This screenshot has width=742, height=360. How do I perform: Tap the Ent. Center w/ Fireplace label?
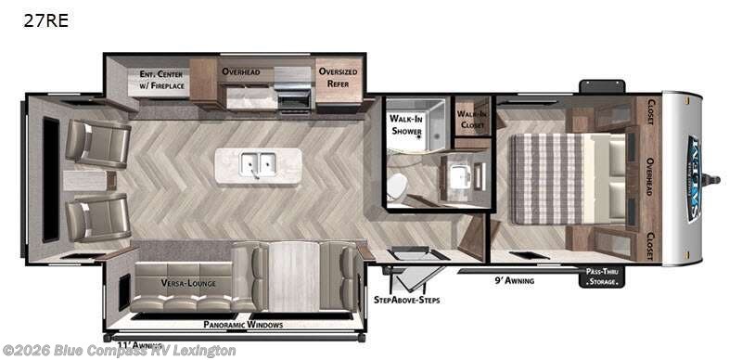(162, 80)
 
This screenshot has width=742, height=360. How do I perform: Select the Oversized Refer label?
(338, 77)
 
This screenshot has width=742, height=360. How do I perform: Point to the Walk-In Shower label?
(408, 124)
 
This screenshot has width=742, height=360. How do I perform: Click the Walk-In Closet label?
(472, 120)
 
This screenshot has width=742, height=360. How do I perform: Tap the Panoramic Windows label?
(243, 325)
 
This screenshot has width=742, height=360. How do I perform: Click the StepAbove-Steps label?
(406, 301)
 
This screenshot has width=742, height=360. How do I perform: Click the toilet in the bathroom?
(398, 186)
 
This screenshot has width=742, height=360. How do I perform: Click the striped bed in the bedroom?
(551, 178)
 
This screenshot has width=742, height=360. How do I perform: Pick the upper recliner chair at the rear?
(96, 142)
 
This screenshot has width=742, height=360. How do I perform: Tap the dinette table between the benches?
(293, 276)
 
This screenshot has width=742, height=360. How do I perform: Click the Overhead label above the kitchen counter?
(247, 71)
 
